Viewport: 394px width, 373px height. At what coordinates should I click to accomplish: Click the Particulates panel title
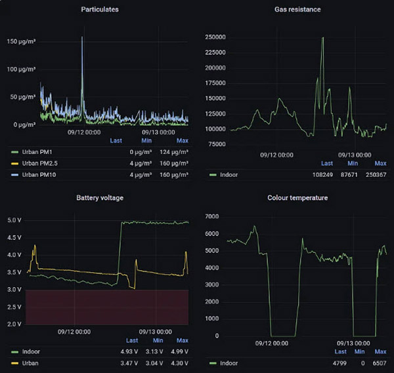click(x=100, y=10)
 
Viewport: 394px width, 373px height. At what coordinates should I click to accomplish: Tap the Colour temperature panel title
click(x=297, y=197)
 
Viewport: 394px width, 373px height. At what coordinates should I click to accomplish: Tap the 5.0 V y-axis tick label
click(x=14, y=220)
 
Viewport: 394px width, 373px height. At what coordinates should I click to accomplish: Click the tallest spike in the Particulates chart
click(x=82, y=38)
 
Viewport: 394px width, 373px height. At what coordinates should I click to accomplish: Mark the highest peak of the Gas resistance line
click(x=322, y=38)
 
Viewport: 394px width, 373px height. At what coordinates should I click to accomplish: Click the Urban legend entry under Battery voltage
click(x=31, y=363)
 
